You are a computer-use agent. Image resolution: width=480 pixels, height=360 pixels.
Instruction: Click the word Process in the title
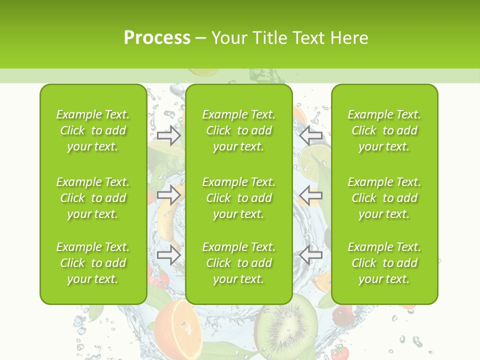pyautogui.click(x=157, y=38)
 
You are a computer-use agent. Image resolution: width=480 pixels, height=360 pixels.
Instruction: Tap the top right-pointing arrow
pyautogui.click(x=169, y=135)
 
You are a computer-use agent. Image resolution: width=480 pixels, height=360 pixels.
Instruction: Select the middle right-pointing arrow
pyautogui.click(x=169, y=195)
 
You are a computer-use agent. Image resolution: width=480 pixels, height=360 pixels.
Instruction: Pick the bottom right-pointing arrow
pyautogui.click(x=169, y=254)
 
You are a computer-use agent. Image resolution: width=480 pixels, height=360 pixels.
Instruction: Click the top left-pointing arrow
pyautogui.click(x=310, y=135)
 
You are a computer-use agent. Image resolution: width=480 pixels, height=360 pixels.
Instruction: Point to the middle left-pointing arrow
pyautogui.click(x=310, y=195)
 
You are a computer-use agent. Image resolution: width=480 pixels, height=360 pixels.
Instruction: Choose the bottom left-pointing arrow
pyautogui.click(x=310, y=254)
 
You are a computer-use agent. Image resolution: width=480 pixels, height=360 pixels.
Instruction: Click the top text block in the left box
pyautogui.click(x=93, y=130)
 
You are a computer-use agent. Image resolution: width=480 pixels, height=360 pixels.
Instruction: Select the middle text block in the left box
pyautogui.click(x=93, y=198)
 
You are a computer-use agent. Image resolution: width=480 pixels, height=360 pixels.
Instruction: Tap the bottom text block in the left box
pyautogui.click(x=93, y=263)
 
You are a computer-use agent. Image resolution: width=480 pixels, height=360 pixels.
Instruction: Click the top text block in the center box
pyautogui.click(x=238, y=130)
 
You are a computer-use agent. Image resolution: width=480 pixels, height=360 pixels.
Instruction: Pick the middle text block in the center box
pyautogui.click(x=238, y=198)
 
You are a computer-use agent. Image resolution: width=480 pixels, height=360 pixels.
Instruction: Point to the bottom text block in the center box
pyautogui.click(x=238, y=263)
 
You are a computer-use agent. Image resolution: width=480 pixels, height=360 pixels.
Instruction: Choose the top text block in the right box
pyautogui.click(x=384, y=130)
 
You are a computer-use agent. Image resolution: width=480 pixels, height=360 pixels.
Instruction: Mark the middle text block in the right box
pyautogui.click(x=384, y=198)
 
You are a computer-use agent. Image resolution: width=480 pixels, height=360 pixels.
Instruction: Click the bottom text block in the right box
pyautogui.click(x=384, y=263)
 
